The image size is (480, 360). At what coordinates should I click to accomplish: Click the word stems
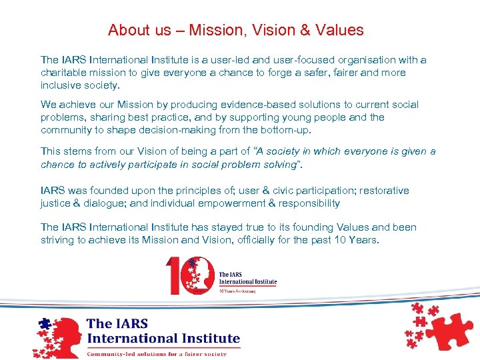[x=76, y=151]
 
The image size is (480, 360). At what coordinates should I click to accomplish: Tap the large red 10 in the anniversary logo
[x=183, y=275]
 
